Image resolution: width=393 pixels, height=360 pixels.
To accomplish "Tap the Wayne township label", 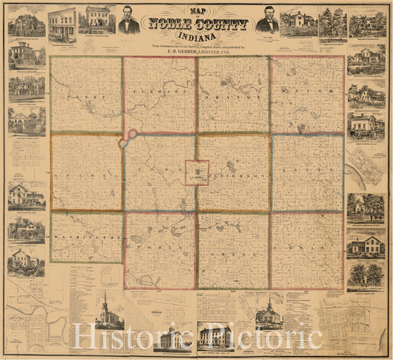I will point(304,97).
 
